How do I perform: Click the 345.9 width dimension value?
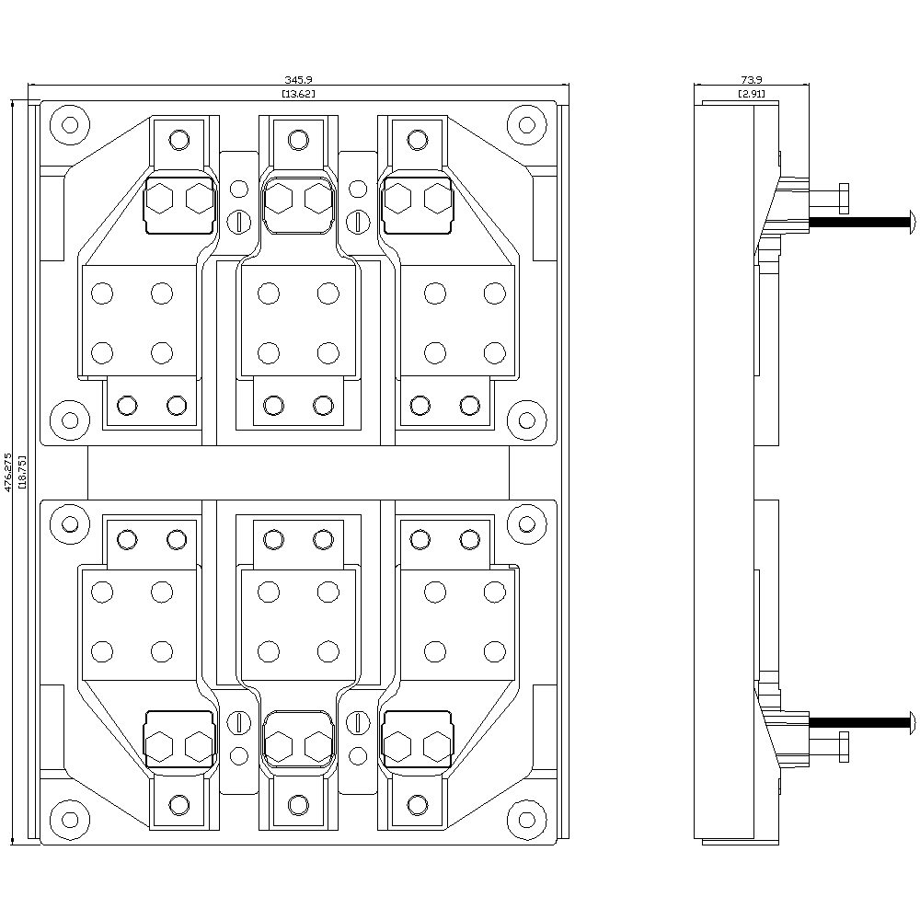tap(298, 82)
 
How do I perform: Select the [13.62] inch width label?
tap(298, 94)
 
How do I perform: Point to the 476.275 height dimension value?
tap(9, 471)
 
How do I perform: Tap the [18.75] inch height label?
tap(22, 471)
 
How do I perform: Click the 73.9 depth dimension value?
tap(752, 82)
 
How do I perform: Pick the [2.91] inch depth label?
tap(752, 94)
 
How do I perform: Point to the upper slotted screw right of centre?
tap(359, 220)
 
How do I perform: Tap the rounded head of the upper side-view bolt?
tap(911, 220)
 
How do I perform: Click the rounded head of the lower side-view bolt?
tap(911, 720)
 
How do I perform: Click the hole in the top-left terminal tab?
tap(179, 140)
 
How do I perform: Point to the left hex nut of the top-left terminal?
tap(160, 198)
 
